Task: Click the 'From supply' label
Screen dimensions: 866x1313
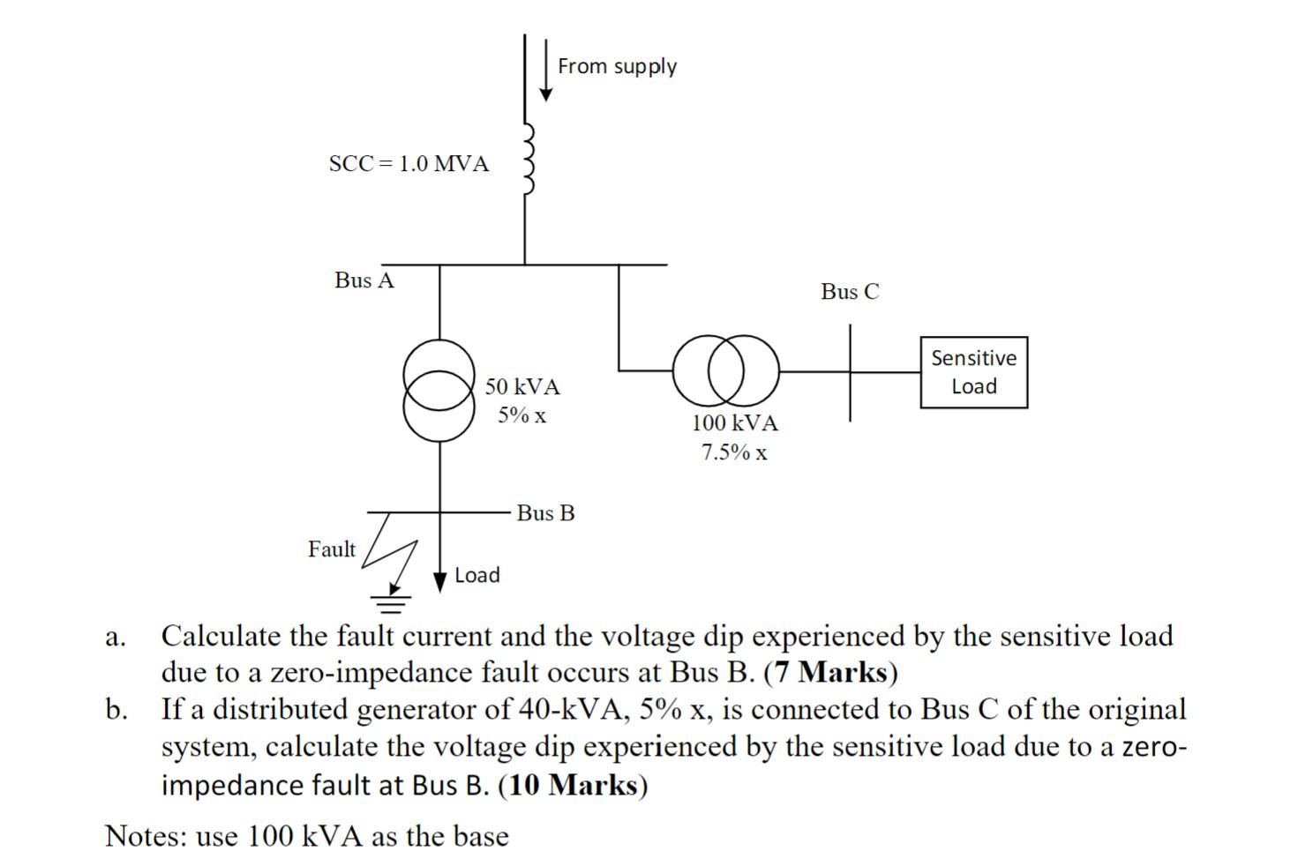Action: click(617, 67)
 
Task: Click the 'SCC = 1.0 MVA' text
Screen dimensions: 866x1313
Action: click(409, 164)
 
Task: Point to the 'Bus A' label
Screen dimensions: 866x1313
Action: click(364, 280)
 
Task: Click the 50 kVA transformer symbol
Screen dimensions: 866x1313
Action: click(439, 390)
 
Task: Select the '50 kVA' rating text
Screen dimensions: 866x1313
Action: click(522, 386)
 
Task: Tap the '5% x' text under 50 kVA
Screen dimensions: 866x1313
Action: click(521, 415)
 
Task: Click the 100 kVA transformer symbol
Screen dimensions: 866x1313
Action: click(725, 370)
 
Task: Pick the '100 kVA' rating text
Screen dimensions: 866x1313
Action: click(734, 423)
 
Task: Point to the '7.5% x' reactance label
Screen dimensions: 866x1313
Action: click(734, 453)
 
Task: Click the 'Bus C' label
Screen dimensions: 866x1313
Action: click(850, 292)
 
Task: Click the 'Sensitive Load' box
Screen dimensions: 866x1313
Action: click(973, 372)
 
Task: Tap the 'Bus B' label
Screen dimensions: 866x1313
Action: click(545, 513)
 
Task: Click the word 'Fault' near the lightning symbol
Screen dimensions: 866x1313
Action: click(332, 549)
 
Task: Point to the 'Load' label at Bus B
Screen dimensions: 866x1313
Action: click(477, 576)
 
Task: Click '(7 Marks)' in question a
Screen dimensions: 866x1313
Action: click(830, 673)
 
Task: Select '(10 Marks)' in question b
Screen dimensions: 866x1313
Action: click(573, 785)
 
